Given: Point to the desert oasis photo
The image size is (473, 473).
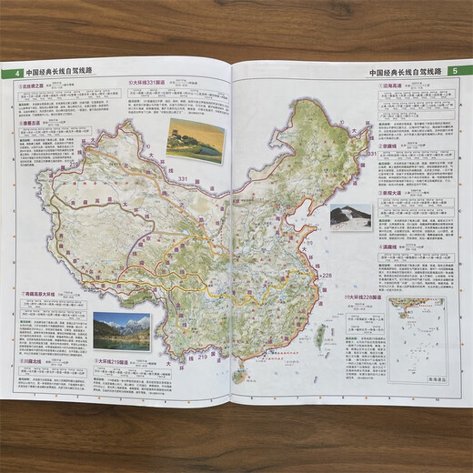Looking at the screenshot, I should [x=195, y=139].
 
